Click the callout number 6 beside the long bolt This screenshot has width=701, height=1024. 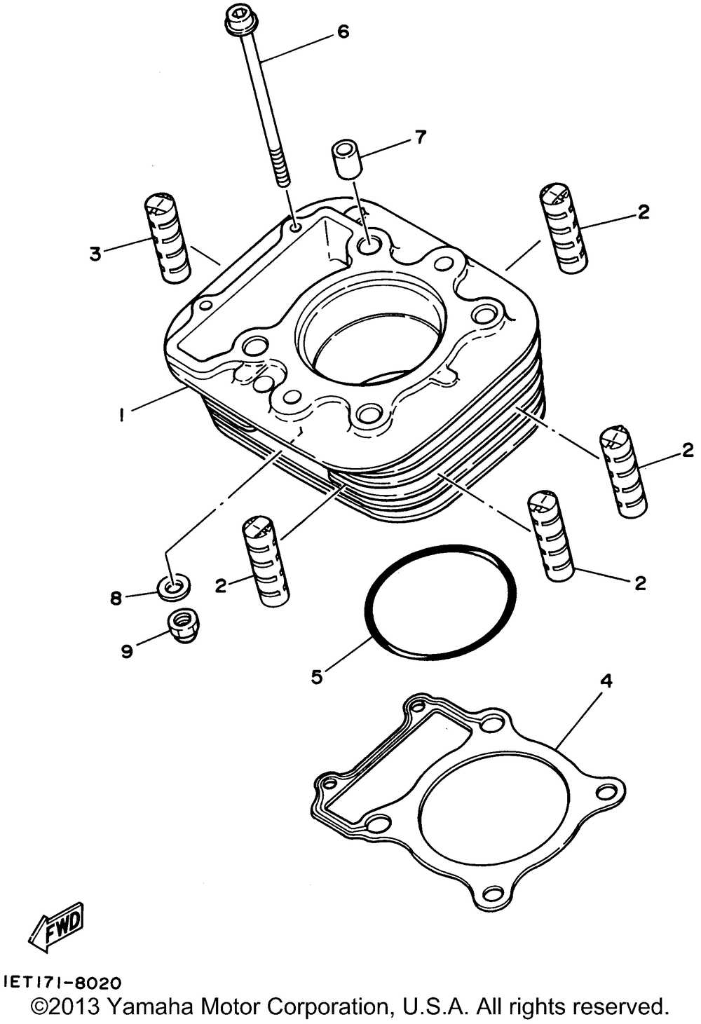pyautogui.click(x=343, y=32)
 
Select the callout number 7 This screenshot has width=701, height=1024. pyautogui.click(x=420, y=137)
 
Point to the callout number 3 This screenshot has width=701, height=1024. pyautogui.click(x=95, y=253)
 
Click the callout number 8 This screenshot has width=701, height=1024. pyautogui.click(x=116, y=598)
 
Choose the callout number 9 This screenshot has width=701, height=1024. pyautogui.click(x=127, y=651)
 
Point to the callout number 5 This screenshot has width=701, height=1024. pyautogui.click(x=317, y=677)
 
